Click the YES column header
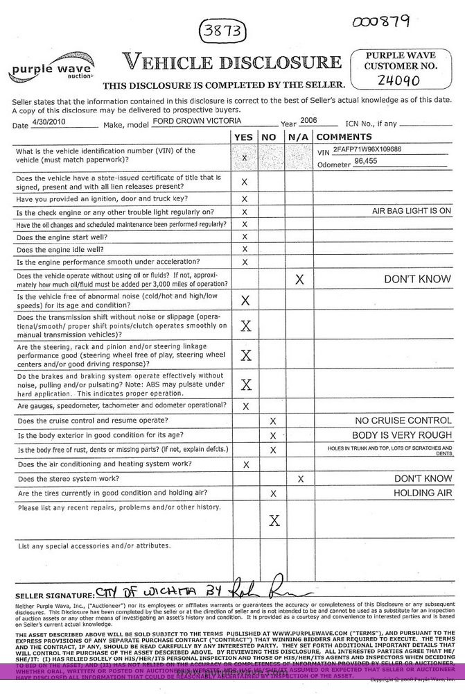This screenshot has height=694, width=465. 244,137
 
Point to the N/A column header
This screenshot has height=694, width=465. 298,137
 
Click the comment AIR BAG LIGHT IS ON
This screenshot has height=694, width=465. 411,210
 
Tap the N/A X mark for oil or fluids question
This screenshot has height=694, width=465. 299,280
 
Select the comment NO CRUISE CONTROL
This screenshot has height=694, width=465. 402,421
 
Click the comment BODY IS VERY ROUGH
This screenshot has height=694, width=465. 402,435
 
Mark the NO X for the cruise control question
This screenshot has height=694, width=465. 272,421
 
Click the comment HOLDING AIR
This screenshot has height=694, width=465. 422,493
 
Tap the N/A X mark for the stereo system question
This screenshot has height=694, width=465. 299,478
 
